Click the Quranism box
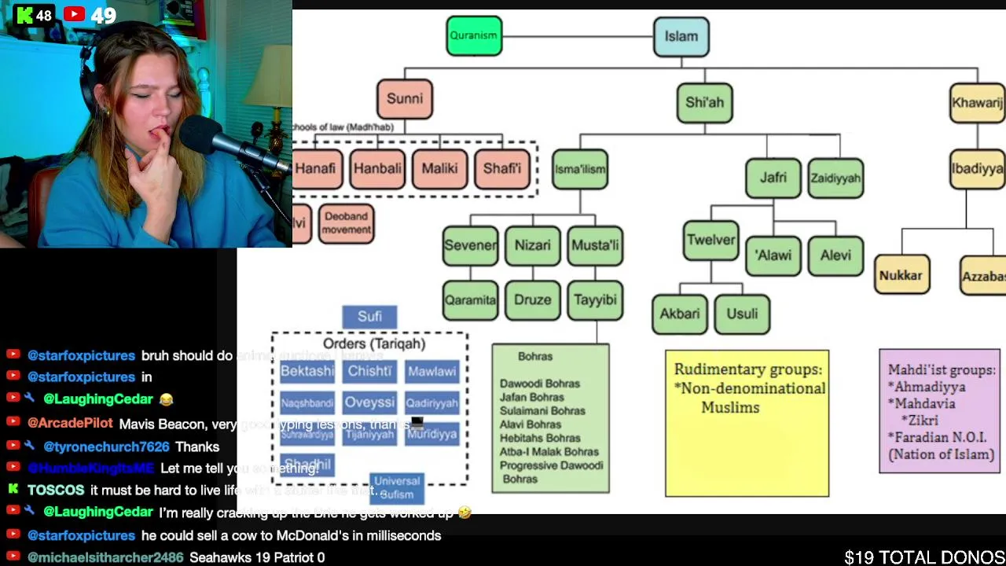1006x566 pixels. (x=474, y=36)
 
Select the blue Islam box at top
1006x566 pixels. (x=681, y=36)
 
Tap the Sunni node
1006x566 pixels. (x=404, y=99)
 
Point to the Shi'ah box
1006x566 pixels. (x=704, y=103)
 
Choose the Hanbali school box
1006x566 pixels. (x=377, y=168)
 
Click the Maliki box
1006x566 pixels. (x=439, y=168)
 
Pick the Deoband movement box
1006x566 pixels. (x=346, y=223)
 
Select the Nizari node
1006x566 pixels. (x=532, y=245)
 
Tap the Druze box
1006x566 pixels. (x=532, y=300)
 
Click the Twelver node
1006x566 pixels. (x=710, y=241)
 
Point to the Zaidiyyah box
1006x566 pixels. (x=835, y=178)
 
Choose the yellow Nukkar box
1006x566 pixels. (x=901, y=276)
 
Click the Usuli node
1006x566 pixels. (x=742, y=314)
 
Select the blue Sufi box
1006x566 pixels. (x=369, y=317)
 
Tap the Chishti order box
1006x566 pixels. (x=369, y=371)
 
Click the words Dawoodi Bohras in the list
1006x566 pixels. (x=539, y=384)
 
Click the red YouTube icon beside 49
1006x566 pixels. (x=75, y=14)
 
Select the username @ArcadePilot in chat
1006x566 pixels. (x=70, y=424)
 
